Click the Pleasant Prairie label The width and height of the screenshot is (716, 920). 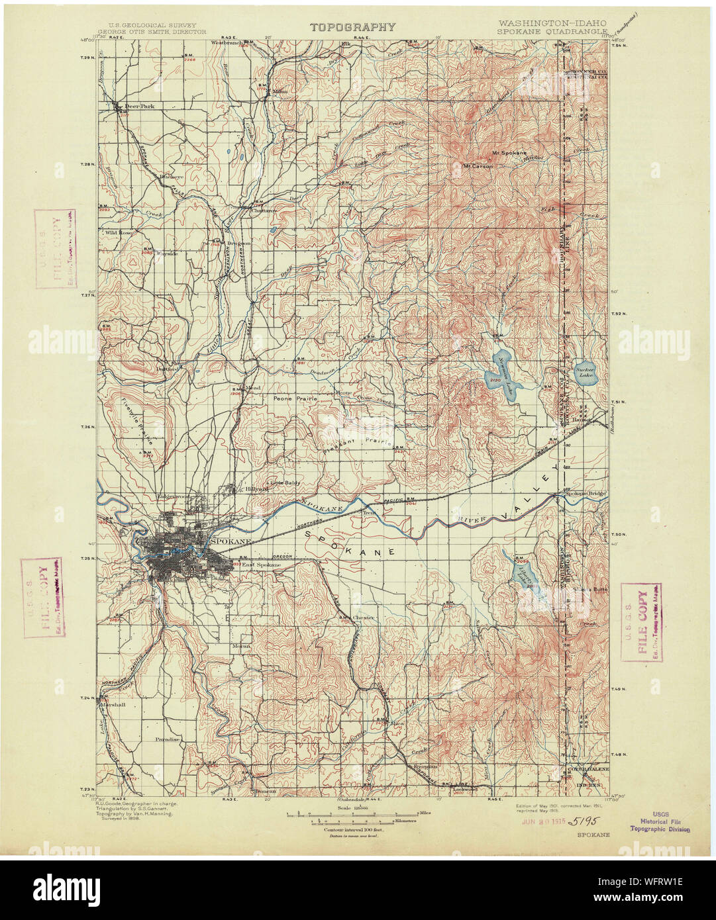point(358,449)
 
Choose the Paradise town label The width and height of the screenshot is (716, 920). point(168,739)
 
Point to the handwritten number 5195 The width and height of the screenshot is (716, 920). point(585,820)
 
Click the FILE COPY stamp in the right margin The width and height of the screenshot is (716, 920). point(640,623)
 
